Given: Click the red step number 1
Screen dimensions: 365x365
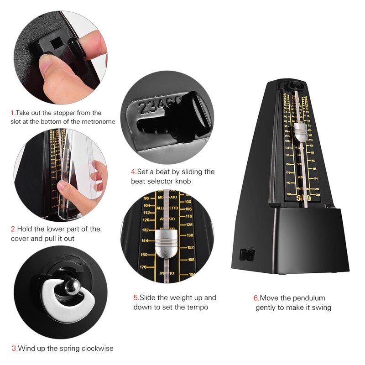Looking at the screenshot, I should pos(13,113).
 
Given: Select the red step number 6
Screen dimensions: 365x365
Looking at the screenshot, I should pos(256,298).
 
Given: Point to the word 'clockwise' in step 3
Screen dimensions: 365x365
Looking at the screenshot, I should pos(98,348).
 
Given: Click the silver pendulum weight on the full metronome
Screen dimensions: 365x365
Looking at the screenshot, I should pos(300,132).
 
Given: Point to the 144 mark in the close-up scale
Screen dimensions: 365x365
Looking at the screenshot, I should pos(145,240).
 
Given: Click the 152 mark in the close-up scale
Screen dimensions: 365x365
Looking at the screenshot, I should pos(190,247).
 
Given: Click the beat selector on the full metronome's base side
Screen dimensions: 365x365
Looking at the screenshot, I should pos(246,254).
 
